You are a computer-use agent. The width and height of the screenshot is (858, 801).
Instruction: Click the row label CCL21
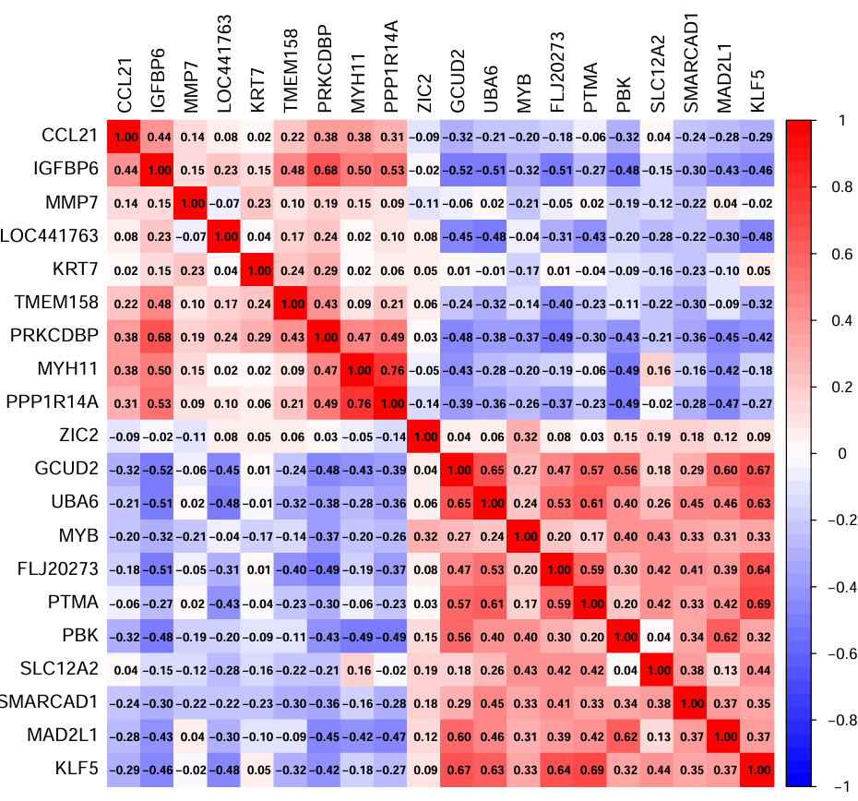tap(69, 136)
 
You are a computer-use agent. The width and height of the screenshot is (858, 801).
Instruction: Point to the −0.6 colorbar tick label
tap(839, 653)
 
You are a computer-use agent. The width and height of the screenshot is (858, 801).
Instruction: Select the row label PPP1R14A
tap(55, 403)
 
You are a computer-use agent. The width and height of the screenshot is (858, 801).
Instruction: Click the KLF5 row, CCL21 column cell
tap(126, 770)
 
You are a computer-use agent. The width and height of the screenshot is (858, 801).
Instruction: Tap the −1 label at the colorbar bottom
tap(839, 786)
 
